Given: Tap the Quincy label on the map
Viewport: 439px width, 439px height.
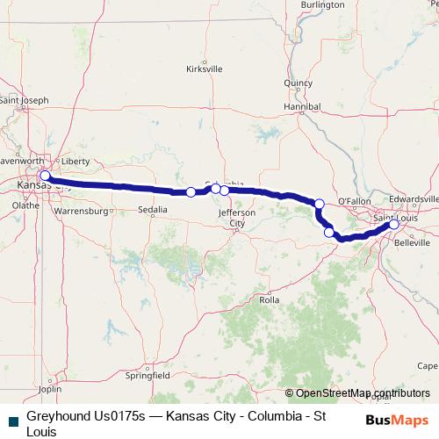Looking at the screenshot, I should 299,83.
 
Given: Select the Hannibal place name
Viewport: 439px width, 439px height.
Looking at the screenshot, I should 299,106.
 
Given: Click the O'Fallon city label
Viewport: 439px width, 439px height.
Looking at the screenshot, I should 356,201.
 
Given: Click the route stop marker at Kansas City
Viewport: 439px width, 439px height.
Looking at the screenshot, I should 45,176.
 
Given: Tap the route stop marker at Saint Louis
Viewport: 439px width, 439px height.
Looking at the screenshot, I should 394,225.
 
